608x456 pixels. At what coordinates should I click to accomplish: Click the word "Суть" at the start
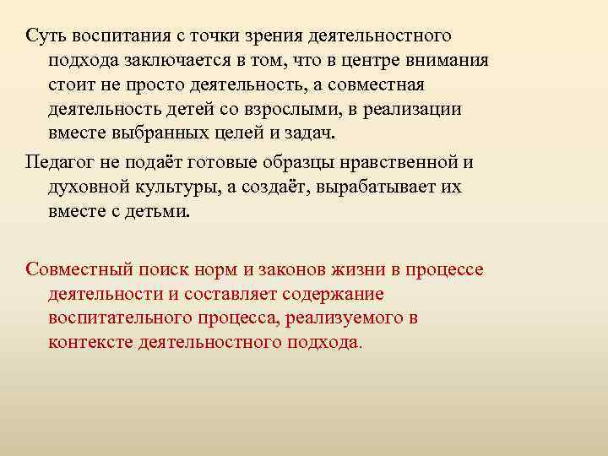coord(44,36)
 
